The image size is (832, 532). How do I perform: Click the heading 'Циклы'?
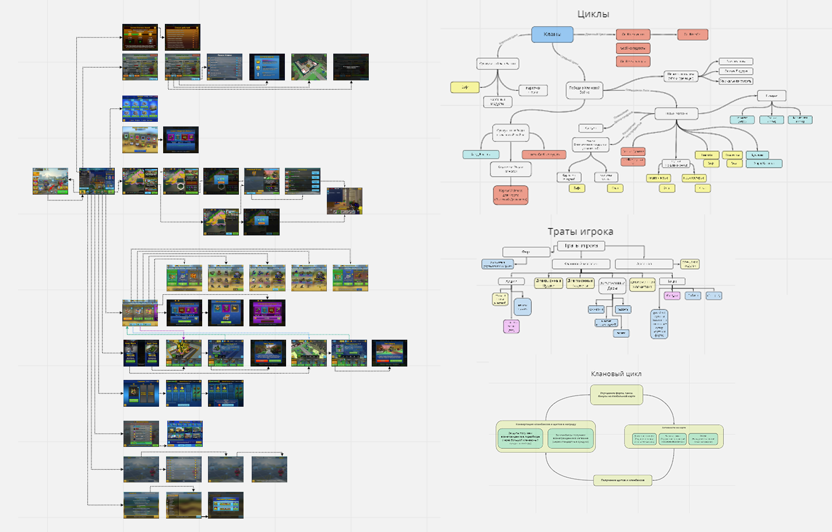tap(593, 14)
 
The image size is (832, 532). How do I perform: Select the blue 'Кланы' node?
tap(552, 34)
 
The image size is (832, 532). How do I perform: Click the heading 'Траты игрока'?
tap(580, 231)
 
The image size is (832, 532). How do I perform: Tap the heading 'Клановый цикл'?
tap(616, 374)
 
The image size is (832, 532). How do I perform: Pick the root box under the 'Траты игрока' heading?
tap(581, 246)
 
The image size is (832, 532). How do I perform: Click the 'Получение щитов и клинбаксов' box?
tap(622, 480)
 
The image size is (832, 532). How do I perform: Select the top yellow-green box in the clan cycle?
tap(616, 394)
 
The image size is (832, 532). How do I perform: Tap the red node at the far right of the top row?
tap(692, 34)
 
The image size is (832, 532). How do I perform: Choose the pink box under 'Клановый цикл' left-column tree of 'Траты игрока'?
tap(511, 326)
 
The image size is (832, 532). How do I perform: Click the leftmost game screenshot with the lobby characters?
tap(50, 181)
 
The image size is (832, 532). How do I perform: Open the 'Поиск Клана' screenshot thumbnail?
tap(224, 67)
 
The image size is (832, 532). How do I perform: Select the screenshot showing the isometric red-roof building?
tap(309, 67)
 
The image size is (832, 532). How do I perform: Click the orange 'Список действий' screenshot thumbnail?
tap(182, 37)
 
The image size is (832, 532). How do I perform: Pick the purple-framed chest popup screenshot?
tap(267, 313)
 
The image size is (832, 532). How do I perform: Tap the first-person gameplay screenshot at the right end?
tap(344, 201)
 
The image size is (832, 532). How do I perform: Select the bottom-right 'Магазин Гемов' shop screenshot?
tap(225, 505)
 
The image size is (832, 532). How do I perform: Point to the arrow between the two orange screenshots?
tap(161, 37)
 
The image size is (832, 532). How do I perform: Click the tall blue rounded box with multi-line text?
tap(659, 324)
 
